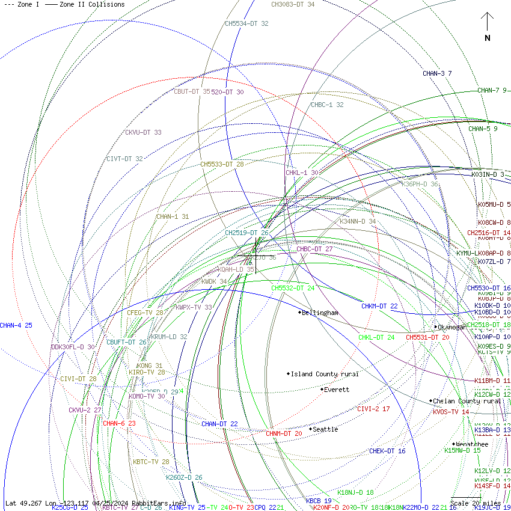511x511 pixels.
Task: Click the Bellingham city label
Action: (x=320, y=313)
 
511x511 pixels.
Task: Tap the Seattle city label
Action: (x=325, y=429)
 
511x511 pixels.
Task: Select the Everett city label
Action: (x=336, y=390)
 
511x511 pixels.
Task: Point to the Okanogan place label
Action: (x=452, y=327)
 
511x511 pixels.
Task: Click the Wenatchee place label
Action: (x=472, y=444)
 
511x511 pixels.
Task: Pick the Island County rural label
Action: (x=324, y=374)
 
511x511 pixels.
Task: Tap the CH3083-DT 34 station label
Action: (x=293, y=4)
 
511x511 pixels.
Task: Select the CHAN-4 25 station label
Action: (x=16, y=325)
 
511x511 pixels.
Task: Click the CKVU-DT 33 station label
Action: (x=143, y=132)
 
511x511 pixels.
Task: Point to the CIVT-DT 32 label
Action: (x=124, y=159)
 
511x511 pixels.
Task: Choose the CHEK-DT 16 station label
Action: (x=387, y=451)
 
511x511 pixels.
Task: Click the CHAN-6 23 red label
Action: (x=119, y=423)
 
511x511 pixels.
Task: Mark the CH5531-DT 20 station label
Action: (x=427, y=337)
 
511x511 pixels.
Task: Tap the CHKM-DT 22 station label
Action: (x=379, y=306)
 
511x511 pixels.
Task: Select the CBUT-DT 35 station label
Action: (x=192, y=92)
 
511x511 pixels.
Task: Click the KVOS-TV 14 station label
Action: (x=451, y=412)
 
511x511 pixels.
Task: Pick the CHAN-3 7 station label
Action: (x=437, y=73)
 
